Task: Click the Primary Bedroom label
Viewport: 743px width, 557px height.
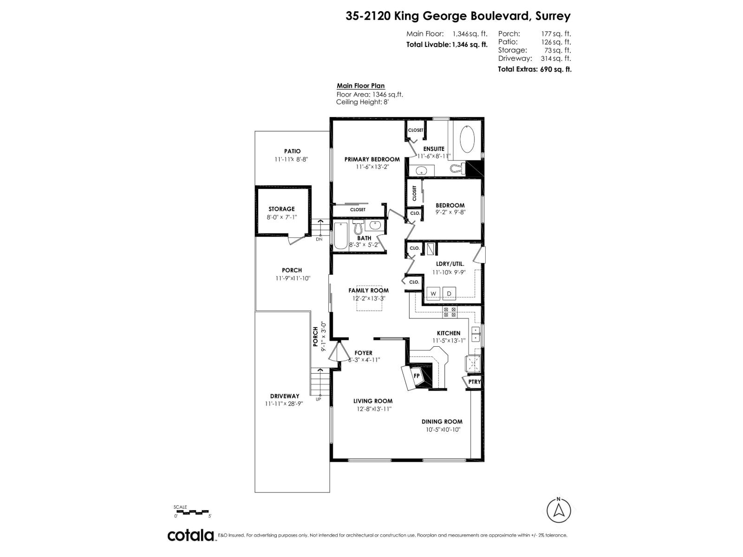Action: click(372, 159)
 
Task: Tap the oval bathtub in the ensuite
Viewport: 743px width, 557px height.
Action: click(467, 138)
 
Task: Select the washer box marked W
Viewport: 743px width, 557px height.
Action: click(433, 293)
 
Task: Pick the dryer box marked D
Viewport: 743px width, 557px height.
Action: click(449, 293)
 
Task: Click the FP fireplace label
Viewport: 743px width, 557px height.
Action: click(417, 376)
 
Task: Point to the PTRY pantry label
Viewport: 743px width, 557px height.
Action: click(474, 382)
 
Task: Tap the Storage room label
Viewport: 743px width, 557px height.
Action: click(281, 209)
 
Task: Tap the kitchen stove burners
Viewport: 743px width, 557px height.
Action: click(450, 312)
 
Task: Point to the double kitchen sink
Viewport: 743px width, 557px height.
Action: click(476, 334)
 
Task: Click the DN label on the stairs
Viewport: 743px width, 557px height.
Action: click(319, 240)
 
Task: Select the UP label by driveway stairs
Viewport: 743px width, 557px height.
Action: click(318, 399)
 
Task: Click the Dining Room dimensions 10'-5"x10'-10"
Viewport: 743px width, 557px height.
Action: click(442, 430)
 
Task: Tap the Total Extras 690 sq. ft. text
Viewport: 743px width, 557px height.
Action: click(534, 69)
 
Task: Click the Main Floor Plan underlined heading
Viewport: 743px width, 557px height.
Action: click(360, 86)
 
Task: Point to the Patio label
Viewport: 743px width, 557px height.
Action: click(292, 151)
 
